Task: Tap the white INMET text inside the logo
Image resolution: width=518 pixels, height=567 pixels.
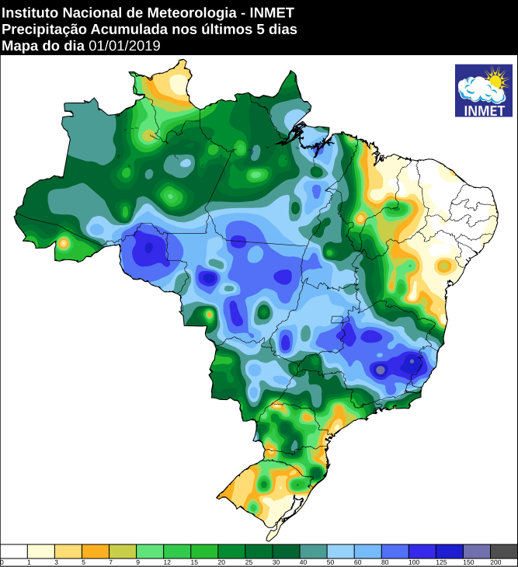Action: pos(483,110)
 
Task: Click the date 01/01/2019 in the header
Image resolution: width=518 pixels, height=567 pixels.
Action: pos(124,46)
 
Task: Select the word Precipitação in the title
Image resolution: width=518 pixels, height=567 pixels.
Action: pos(43,30)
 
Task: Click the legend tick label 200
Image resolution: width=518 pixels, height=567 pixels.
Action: pos(490,562)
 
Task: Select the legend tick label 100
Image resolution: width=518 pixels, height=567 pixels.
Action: pos(408,562)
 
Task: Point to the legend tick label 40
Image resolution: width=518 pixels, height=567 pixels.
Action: pos(300,562)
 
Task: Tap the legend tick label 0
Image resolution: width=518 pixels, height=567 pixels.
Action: pos(2,562)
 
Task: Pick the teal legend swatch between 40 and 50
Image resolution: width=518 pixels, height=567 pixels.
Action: pos(313,551)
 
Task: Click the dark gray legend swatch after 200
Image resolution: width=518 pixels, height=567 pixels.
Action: pos(503,551)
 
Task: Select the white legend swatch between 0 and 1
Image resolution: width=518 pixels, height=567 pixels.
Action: pos(14,551)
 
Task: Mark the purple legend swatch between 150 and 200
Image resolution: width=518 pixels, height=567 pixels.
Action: pos(476,551)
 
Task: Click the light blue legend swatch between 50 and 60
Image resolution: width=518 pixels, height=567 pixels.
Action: pos(340,551)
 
